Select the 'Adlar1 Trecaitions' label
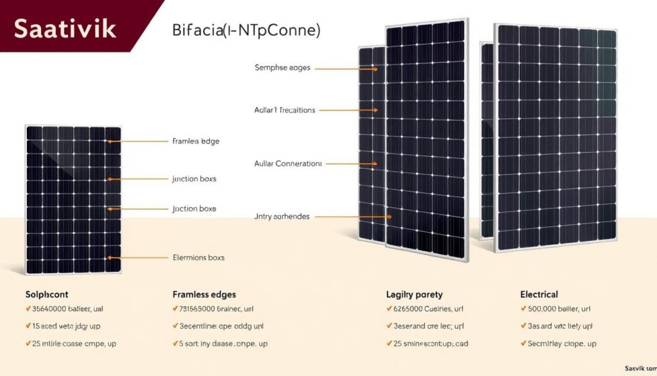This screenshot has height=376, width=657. (x=285, y=111)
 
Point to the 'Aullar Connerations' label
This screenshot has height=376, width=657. (x=288, y=164)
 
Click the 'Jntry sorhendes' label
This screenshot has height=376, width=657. (x=282, y=217)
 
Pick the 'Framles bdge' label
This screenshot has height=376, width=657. (x=196, y=141)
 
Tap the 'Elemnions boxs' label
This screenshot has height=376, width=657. (x=199, y=258)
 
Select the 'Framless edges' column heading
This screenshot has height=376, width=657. (x=204, y=294)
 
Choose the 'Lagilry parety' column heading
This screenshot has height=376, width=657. (x=414, y=294)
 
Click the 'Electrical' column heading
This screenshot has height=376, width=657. (x=539, y=294)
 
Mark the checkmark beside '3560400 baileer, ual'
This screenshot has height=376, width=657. (x=28, y=310)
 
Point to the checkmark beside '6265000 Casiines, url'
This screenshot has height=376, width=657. (x=389, y=310)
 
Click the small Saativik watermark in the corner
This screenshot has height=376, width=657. (x=640, y=369)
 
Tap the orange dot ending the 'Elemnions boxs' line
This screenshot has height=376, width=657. (x=110, y=258)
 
